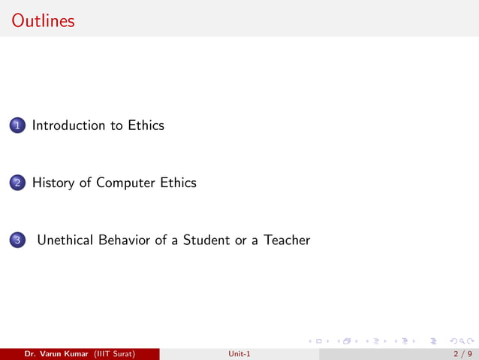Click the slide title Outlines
pyautogui.click(x=44, y=20)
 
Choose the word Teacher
pyautogui.click(x=286, y=241)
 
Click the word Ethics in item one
pyautogui.click(x=145, y=126)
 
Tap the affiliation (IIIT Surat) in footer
pyautogui.click(x=114, y=354)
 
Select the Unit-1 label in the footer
pyautogui.click(x=239, y=354)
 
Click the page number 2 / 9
pyautogui.click(x=461, y=354)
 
